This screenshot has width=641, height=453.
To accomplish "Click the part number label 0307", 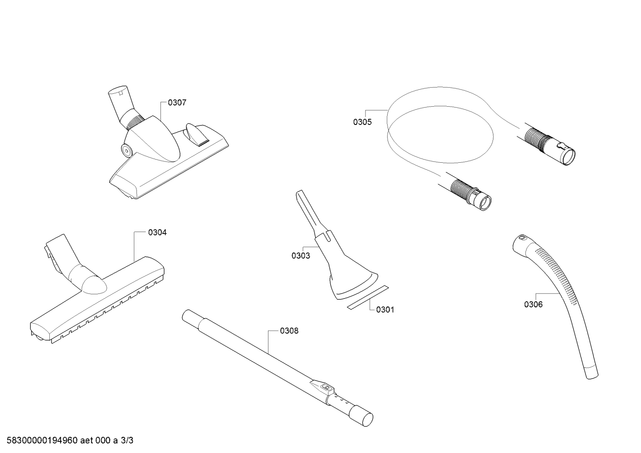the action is (x=177, y=103).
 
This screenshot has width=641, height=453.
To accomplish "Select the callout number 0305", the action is (x=362, y=122).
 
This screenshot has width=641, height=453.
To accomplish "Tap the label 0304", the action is (x=157, y=233).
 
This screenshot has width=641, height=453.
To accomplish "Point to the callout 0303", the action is (x=301, y=256).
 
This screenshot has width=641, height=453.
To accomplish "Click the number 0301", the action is (x=385, y=310).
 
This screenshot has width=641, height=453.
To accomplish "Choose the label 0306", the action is (x=533, y=305).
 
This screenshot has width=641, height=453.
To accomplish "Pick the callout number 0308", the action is (x=289, y=331).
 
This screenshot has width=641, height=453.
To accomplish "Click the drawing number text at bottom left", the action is (x=70, y=441).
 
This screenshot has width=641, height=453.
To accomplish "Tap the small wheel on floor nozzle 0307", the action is (x=126, y=150).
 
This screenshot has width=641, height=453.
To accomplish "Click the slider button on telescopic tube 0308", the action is (x=327, y=387).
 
